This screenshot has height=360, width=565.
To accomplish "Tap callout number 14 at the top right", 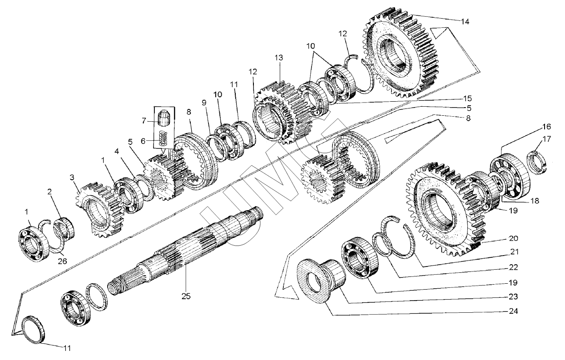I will tap(465, 21).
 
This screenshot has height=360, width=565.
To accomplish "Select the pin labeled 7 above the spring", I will tap(164, 118).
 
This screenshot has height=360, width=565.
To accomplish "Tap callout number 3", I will tap(72, 177).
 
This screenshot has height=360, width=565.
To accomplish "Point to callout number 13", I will tap(278, 58).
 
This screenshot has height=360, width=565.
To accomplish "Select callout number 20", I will tap(501, 238).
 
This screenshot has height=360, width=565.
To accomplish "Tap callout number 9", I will tap(204, 103).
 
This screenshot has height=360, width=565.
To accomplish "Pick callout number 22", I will tap(501, 266).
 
